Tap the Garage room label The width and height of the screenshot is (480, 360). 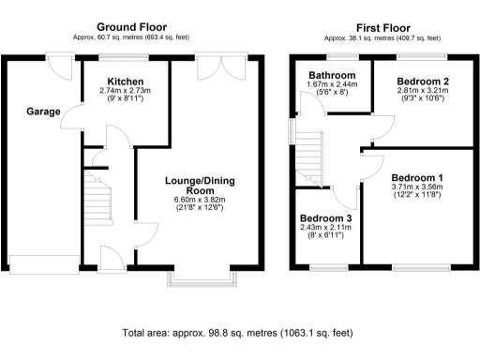pyautogui.click(x=42, y=112)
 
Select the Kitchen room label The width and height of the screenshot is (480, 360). pyautogui.click(x=125, y=82)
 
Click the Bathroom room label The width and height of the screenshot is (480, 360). pyautogui.click(x=333, y=75)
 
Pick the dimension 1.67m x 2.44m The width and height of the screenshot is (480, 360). pyautogui.click(x=333, y=84)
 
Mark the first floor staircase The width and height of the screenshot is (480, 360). pyautogui.click(x=310, y=155)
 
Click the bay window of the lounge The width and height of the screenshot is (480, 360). pyautogui.click(x=200, y=278)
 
